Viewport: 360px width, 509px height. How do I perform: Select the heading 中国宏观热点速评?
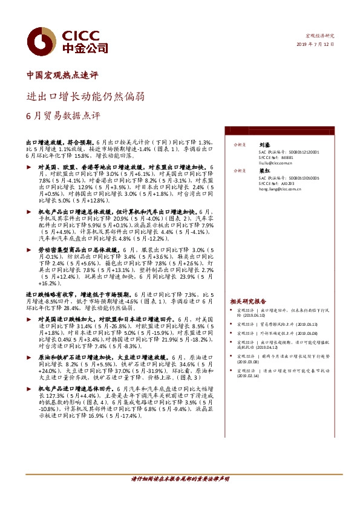62,76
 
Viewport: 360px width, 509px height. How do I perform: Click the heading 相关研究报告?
248,300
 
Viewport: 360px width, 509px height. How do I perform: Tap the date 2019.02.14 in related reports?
249,375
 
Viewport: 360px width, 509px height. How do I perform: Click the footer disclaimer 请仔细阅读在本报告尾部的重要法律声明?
180,495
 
